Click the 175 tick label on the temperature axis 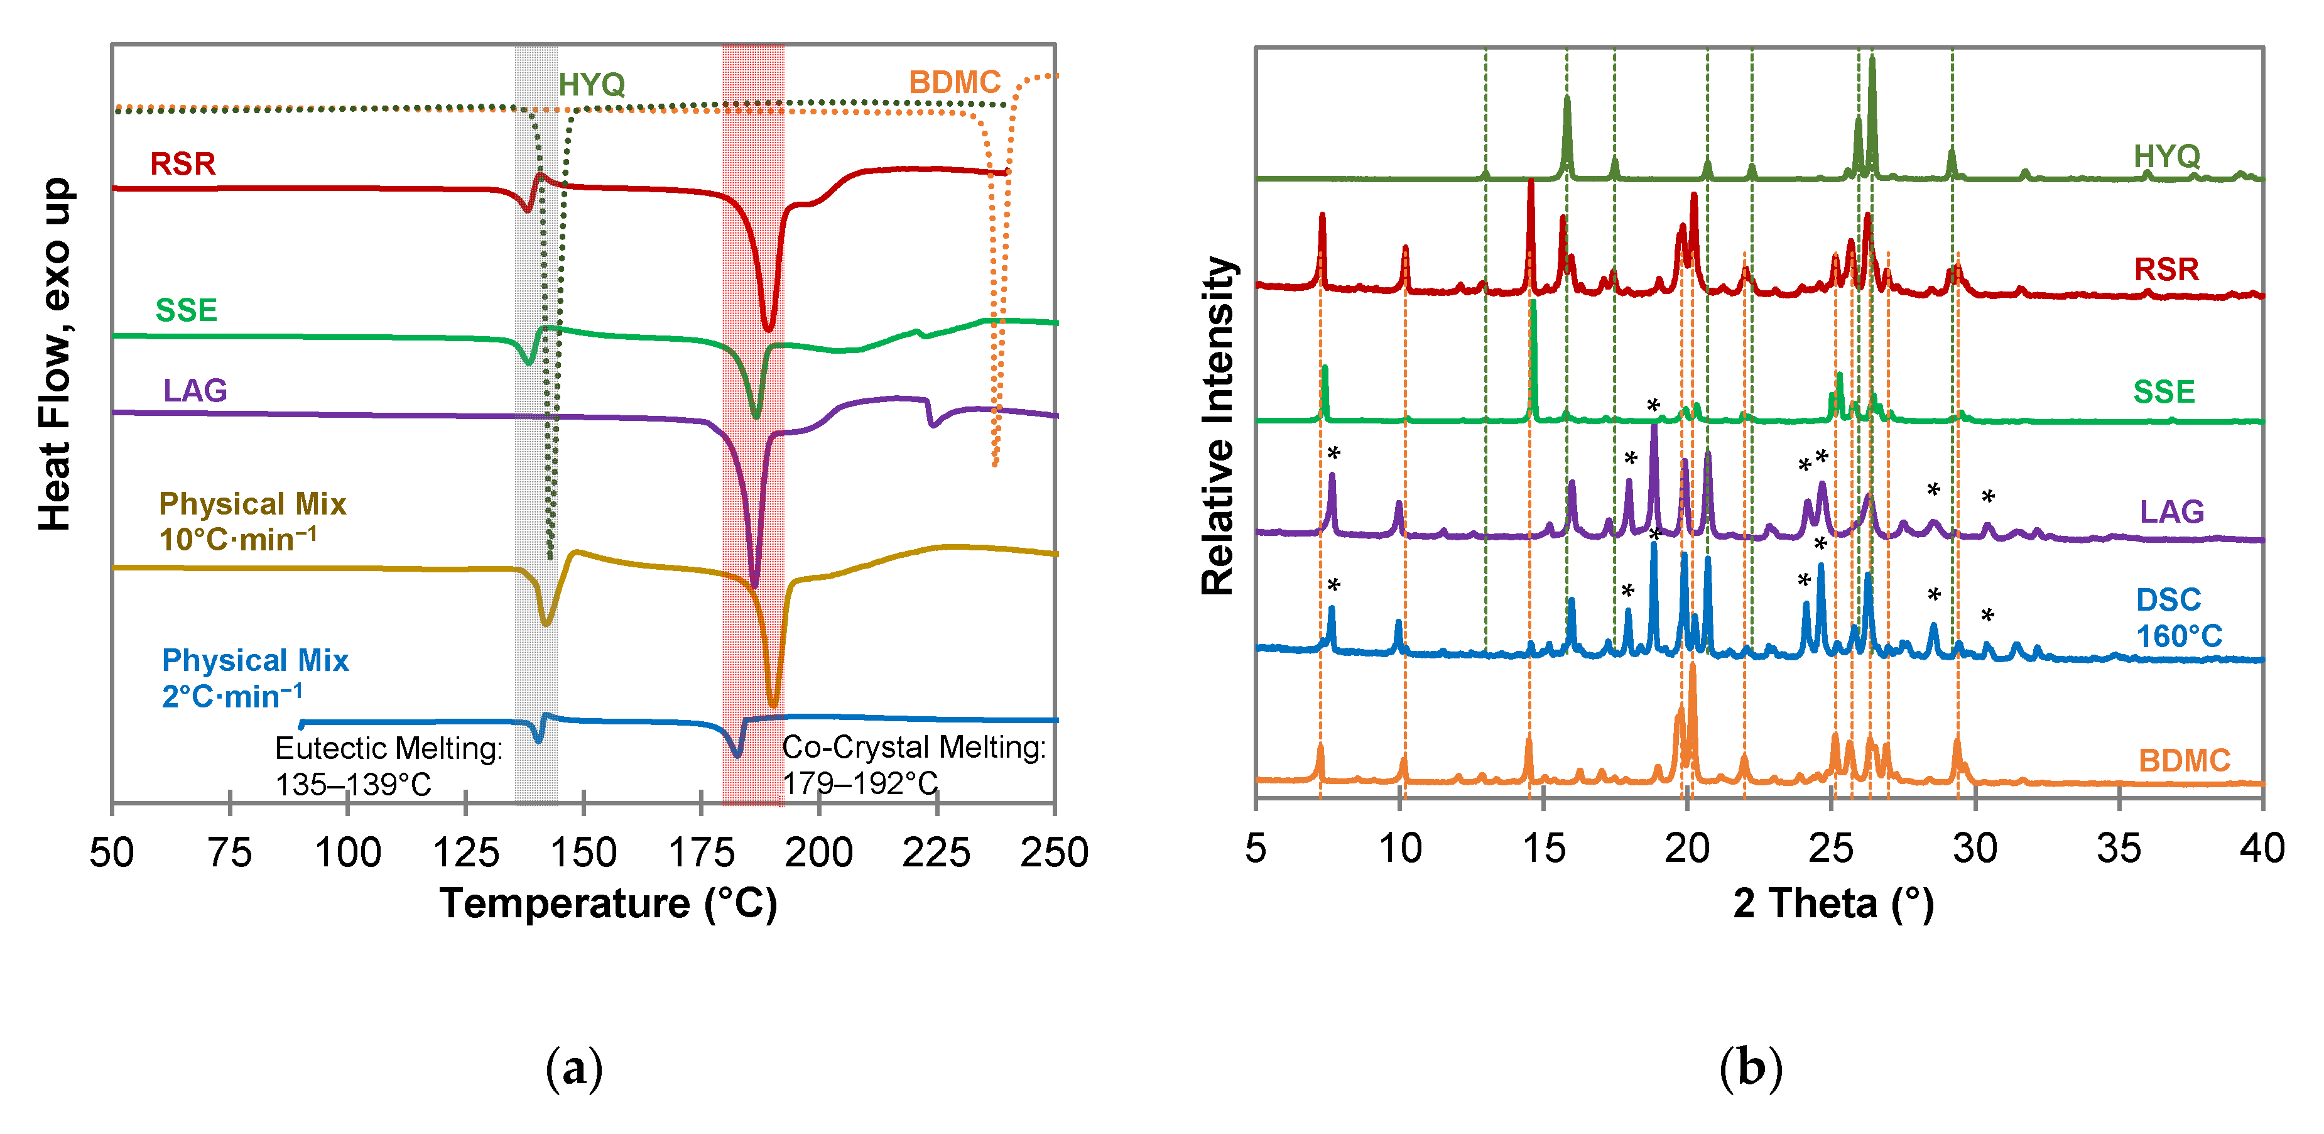click(701, 853)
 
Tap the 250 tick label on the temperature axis click(1054, 853)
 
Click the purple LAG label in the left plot click(195, 391)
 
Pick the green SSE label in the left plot click(186, 310)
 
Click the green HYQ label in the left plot click(591, 85)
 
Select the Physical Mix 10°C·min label click(252, 521)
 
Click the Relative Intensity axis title click(1217, 426)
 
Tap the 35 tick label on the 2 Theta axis click(2119, 849)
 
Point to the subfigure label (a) click(574, 1069)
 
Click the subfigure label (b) click(1750, 1069)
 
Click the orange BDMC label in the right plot click(2183, 761)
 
